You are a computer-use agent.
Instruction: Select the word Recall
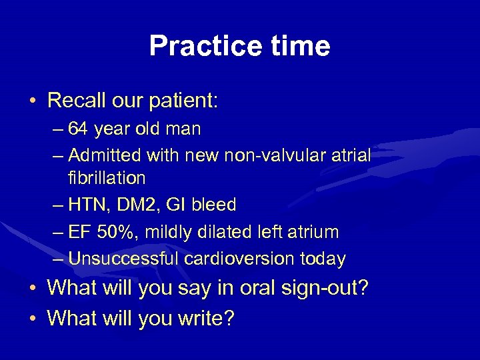pyautogui.click(x=73, y=101)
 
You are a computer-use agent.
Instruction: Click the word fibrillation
pyautogui.click(x=107, y=178)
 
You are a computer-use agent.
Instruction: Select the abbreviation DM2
pyautogui.click(x=141, y=204)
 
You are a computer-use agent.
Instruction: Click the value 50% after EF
pyautogui.click(x=115, y=232)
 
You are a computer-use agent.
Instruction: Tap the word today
pyautogui.click(x=323, y=259)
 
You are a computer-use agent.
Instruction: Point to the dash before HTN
pyautogui.click(x=58, y=205)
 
